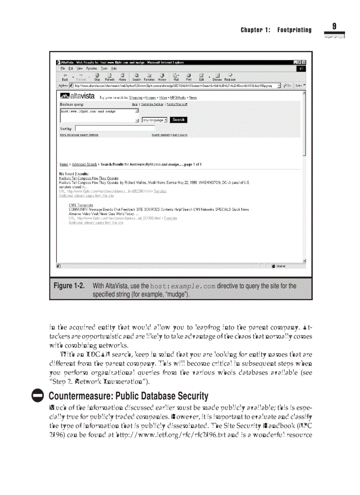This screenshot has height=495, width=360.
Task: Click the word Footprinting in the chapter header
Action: tap(294, 30)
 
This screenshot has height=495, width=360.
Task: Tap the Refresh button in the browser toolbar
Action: tap(110, 77)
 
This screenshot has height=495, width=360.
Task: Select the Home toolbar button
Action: tap(122, 77)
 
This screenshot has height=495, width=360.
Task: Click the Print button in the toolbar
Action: tap(188, 77)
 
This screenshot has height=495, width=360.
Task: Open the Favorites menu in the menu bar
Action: tap(91, 68)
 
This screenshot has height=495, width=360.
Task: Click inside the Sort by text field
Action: tap(115, 128)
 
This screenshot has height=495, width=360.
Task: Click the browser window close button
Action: tap(304, 63)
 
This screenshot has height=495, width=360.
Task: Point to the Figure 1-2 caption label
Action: tap(69, 286)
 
